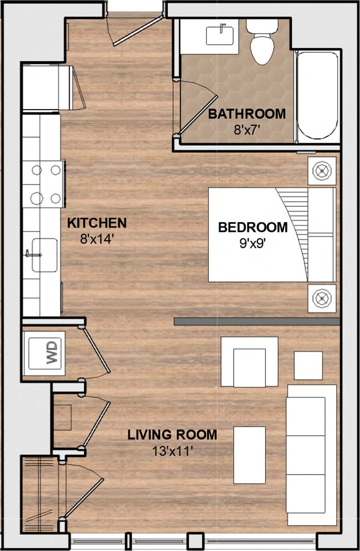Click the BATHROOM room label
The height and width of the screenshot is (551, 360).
(x=247, y=114)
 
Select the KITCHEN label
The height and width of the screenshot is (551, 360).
(x=97, y=223)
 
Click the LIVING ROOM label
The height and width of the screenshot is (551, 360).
(x=172, y=435)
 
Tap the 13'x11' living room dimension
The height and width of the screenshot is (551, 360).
(x=172, y=451)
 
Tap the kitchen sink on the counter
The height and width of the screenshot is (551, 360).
(x=44, y=255)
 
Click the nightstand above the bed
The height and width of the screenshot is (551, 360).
(x=322, y=171)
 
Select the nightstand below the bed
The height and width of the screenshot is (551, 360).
(x=322, y=298)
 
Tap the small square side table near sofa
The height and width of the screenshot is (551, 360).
(x=308, y=365)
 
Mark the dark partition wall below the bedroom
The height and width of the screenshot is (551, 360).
(x=256, y=321)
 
